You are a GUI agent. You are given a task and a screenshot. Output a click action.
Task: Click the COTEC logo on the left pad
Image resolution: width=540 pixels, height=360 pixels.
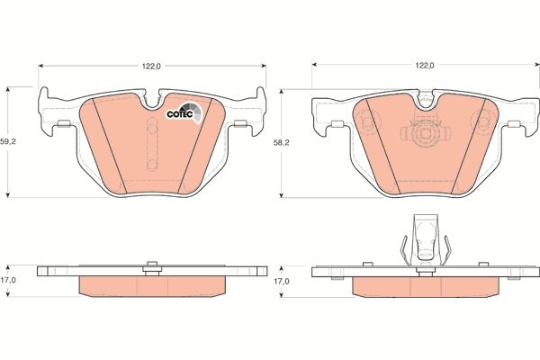pyautogui.click(x=184, y=112)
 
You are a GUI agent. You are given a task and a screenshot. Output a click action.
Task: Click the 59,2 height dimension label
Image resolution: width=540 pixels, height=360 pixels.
pyautogui.click(x=8, y=141)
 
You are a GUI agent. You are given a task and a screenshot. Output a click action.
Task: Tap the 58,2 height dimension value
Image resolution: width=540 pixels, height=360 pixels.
pyautogui.click(x=282, y=143)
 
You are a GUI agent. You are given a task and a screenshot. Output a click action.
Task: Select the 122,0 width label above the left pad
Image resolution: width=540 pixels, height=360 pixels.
pyautogui.click(x=152, y=66)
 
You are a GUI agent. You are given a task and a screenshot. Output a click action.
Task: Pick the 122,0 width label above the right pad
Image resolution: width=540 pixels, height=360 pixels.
pyautogui.click(x=425, y=66)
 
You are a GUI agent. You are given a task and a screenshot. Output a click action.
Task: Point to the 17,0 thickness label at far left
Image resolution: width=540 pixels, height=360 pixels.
pyautogui.click(x=8, y=280)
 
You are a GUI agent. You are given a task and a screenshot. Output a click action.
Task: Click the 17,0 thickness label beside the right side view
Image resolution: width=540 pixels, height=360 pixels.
pyautogui.click(x=282, y=281)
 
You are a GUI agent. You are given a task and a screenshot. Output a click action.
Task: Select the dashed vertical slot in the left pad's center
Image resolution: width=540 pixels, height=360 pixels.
pyautogui.click(x=152, y=144)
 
